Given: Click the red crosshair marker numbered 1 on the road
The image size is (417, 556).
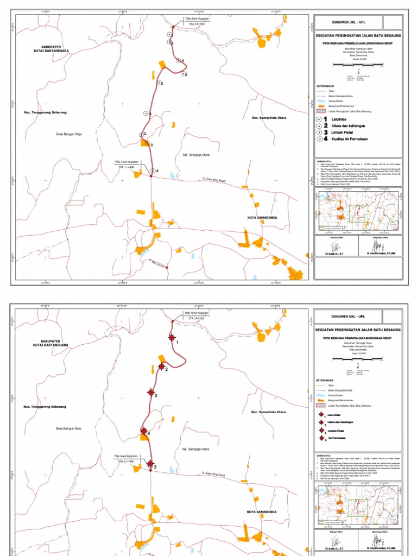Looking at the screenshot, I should pyautogui.click(x=172, y=338).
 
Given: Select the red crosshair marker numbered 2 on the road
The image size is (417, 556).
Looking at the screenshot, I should pyautogui.click(x=161, y=367).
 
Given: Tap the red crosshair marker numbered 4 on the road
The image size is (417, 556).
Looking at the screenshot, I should pyautogui.click(x=144, y=431).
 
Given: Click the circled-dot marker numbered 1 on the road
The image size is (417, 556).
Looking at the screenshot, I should pyautogui.click(x=146, y=113).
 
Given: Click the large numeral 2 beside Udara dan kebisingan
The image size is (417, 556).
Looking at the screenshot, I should pyautogui.click(x=326, y=125).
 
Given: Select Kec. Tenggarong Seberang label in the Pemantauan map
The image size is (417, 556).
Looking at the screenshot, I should pyautogui.click(x=45, y=407).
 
